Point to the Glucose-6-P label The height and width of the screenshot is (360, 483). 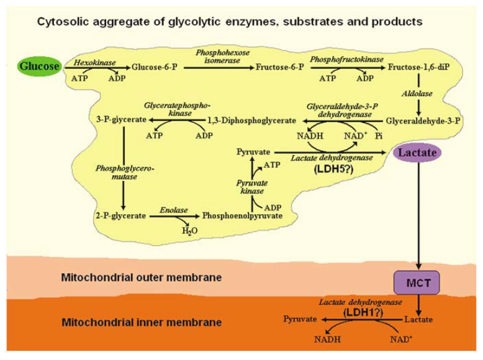pyautogui.click(x=155, y=65)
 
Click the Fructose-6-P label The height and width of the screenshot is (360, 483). pyautogui.click(x=279, y=65)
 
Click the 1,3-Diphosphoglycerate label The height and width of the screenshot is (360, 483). pyautogui.click(x=243, y=119)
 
